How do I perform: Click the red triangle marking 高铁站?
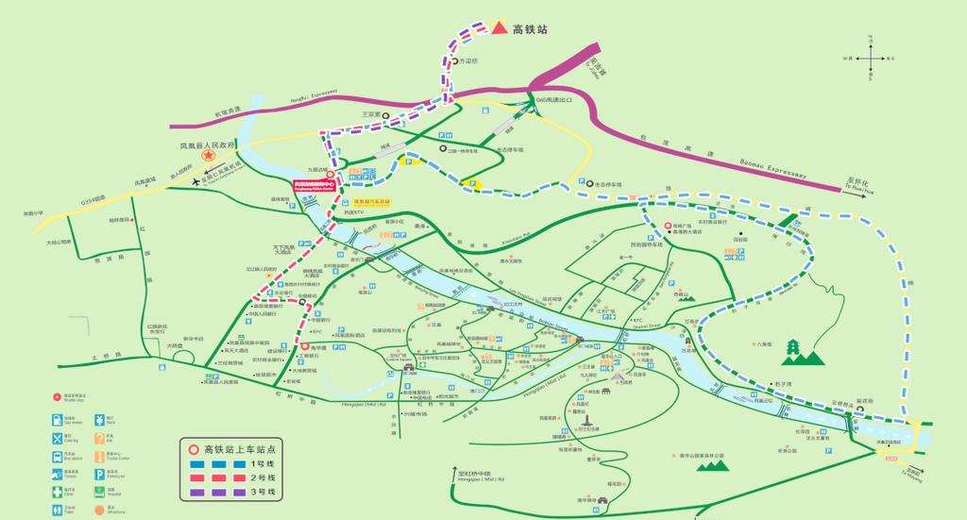tap(498, 28)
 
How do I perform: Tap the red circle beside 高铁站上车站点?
tap(194, 449)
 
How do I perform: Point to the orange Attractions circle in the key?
tap(98, 509)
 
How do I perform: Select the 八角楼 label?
tap(764, 344)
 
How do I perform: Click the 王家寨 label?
tap(370, 114)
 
